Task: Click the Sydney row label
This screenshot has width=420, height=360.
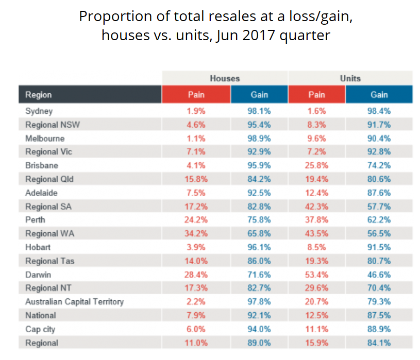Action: [x=39, y=111]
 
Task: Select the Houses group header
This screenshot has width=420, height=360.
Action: [x=225, y=78]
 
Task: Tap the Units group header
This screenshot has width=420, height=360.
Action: [x=350, y=78]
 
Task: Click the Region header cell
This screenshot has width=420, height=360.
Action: [x=39, y=95]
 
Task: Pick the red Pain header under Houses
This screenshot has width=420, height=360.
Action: [x=196, y=95]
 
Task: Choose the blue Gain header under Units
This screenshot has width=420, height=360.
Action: [x=379, y=95]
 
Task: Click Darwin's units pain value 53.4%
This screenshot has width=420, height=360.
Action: [x=316, y=275]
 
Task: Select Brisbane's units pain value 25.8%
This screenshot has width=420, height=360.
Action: [x=316, y=165]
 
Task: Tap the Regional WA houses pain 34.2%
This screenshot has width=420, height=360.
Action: [x=196, y=234]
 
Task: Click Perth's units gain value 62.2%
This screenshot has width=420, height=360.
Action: [x=379, y=220]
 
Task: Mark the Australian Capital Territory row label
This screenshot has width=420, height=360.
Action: [x=74, y=302]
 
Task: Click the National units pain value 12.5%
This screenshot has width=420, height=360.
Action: [x=316, y=315]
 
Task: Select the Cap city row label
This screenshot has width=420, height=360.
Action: [x=41, y=329]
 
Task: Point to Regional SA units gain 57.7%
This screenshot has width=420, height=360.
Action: [x=379, y=207]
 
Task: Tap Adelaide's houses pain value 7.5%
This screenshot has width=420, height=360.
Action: [x=196, y=193]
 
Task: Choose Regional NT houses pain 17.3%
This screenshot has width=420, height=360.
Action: [x=196, y=288]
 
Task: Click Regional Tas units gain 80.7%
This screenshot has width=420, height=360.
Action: [x=379, y=261]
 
